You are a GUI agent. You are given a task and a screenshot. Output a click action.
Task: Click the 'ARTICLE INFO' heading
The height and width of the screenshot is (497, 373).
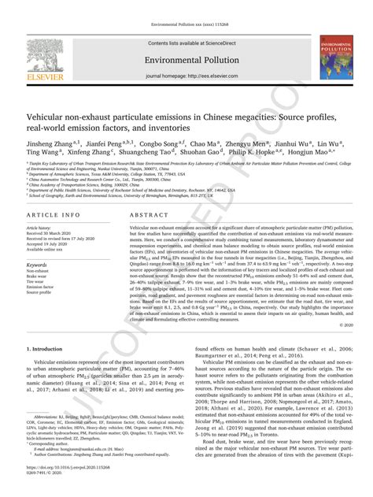[x=53, y=214]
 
